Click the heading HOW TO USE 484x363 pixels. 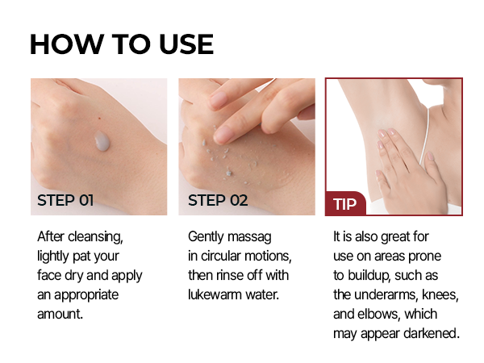coord(122,44)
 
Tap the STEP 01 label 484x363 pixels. coord(66,200)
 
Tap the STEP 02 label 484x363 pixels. coord(218,200)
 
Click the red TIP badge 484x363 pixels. coord(345,203)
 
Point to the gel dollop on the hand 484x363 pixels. coord(102,143)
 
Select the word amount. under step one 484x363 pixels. coord(60,314)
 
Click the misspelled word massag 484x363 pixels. coord(248,237)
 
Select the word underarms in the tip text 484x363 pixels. coord(391,294)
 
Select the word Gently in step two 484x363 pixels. coord(207,237)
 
